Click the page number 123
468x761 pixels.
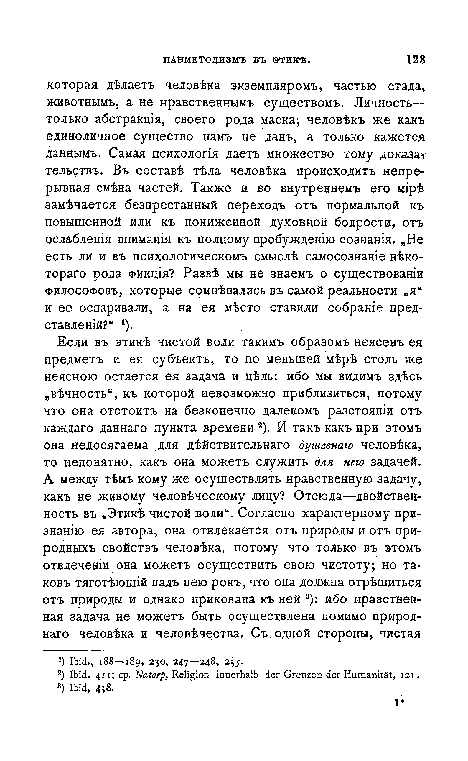[416, 60]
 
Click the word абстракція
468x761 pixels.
[129, 120]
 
